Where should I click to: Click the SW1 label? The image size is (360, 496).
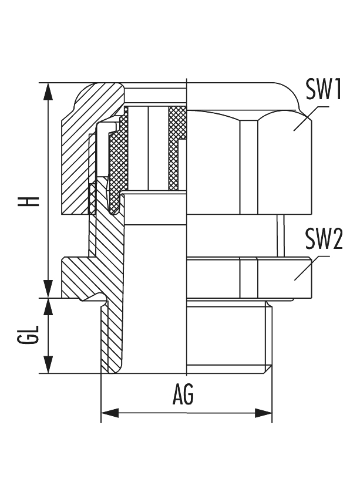pyautogui.click(x=324, y=90)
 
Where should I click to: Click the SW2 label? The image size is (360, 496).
pyautogui.click(x=324, y=240)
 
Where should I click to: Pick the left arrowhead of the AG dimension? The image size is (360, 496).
pyautogui.click(x=109, y=413)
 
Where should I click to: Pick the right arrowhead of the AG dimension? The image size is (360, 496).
pyautogui.click(x=264, y=413)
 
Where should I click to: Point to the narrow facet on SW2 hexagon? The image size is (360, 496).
pyautogui.click(x=248, y=279)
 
